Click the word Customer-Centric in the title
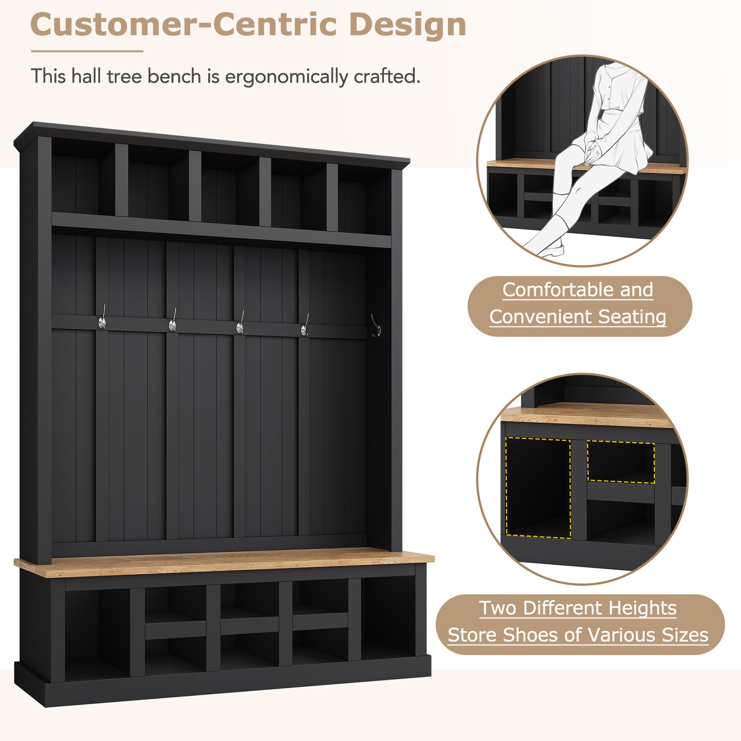point(183,25)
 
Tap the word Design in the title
point(407,25)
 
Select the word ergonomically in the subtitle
point(286,76)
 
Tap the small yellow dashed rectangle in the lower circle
point(621,462)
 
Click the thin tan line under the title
point(87,51)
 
